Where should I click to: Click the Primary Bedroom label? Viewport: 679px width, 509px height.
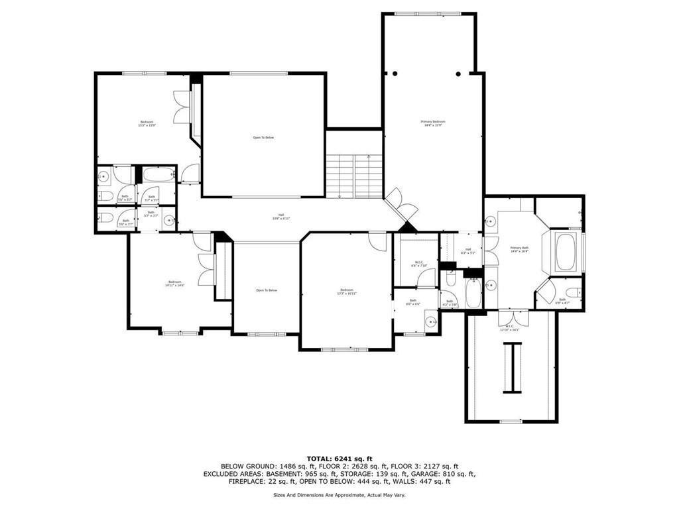click(x=433, y=123)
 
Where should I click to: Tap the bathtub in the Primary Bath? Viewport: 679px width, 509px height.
click(x=565, y=252)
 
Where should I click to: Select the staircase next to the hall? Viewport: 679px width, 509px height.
click(x=354, y=176)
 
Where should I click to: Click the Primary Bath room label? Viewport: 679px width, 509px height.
click(x=519, y=250)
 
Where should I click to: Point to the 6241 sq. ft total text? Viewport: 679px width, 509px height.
click(x=339, y=459)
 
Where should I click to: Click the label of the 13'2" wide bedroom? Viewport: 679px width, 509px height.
click(x=147, y=123)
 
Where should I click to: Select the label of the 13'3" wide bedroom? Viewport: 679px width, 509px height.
click(x=347, y=292)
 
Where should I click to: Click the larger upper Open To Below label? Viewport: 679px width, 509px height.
click(x=263, y=138)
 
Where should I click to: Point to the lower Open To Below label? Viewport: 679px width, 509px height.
click(x=267, y=290)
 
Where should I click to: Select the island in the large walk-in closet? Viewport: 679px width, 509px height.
click(x=512, y=368)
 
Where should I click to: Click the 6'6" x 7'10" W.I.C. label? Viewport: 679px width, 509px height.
click(x=419, y=264)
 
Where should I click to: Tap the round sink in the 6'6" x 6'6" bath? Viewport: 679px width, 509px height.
click(x=431, y=322)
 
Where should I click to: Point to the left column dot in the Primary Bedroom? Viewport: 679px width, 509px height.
click(x=393, y=74)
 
